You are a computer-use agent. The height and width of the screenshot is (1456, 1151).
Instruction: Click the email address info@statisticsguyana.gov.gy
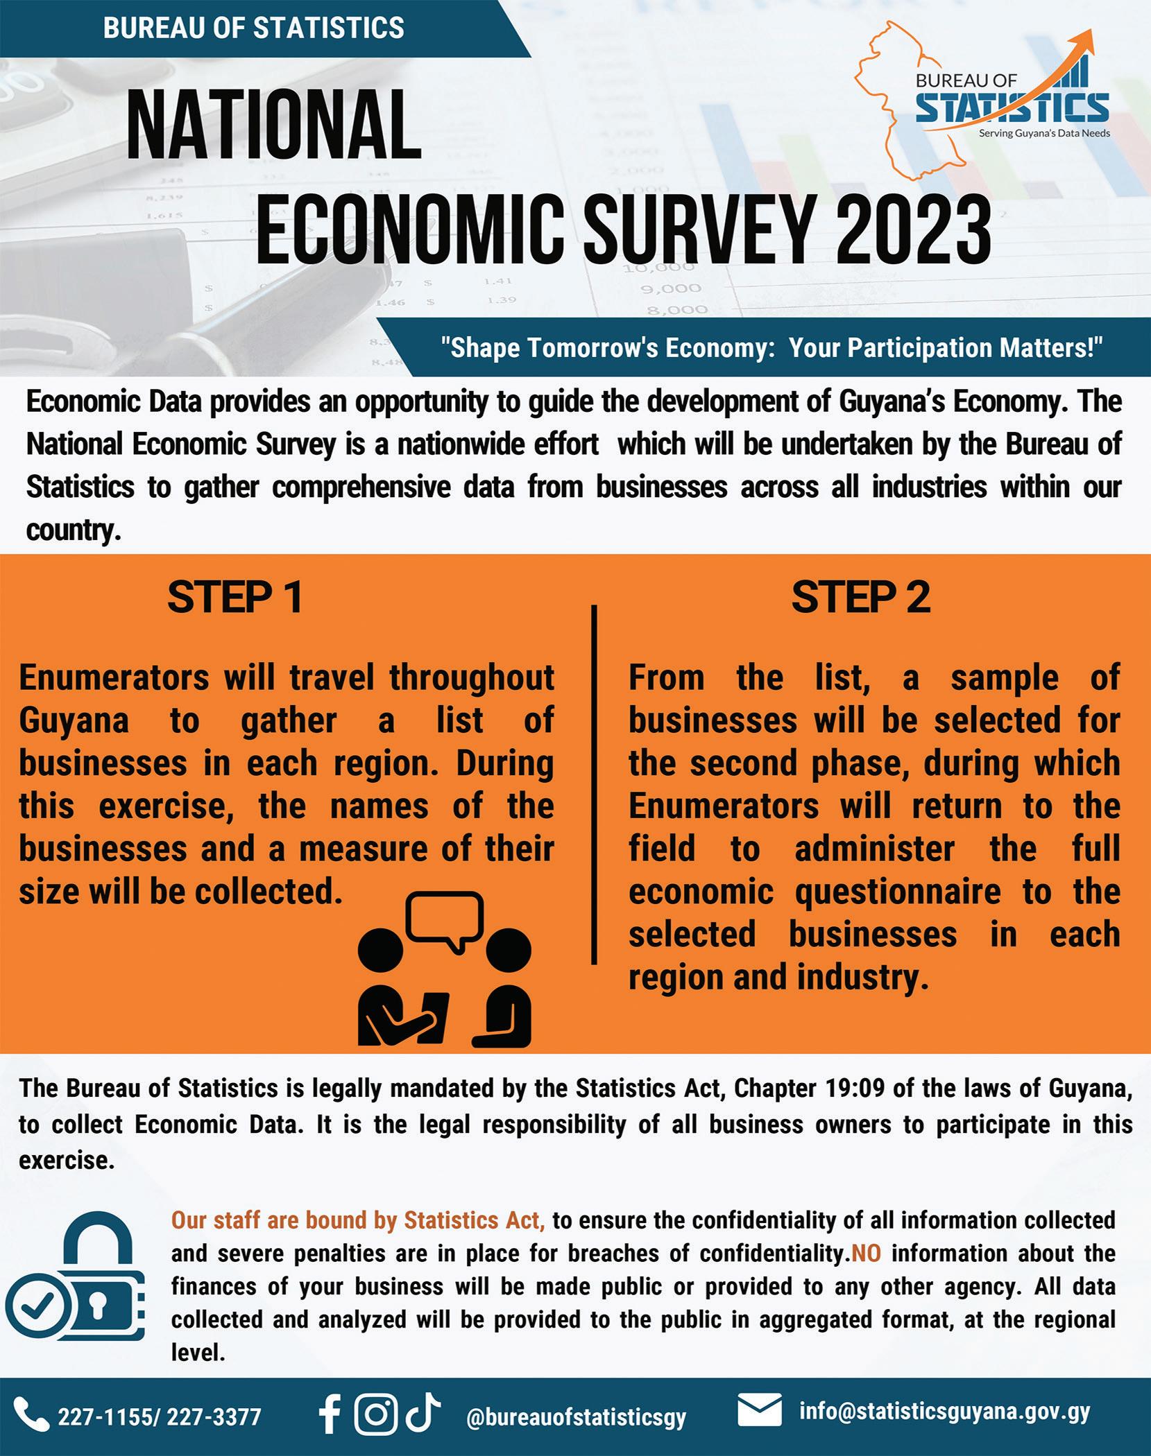click(x=944, y=1412)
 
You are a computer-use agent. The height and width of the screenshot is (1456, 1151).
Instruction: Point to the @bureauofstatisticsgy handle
click(x=576, y=1417)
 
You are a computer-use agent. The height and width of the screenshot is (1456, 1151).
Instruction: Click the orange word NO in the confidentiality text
click(x=866, y=1254)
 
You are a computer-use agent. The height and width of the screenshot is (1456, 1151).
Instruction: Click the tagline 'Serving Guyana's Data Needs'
click(x=1043, y=133)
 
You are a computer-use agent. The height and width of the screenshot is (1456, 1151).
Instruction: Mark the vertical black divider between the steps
click(x=594, y=783)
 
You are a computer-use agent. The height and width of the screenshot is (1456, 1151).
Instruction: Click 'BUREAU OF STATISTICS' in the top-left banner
click(x=254, y=28)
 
